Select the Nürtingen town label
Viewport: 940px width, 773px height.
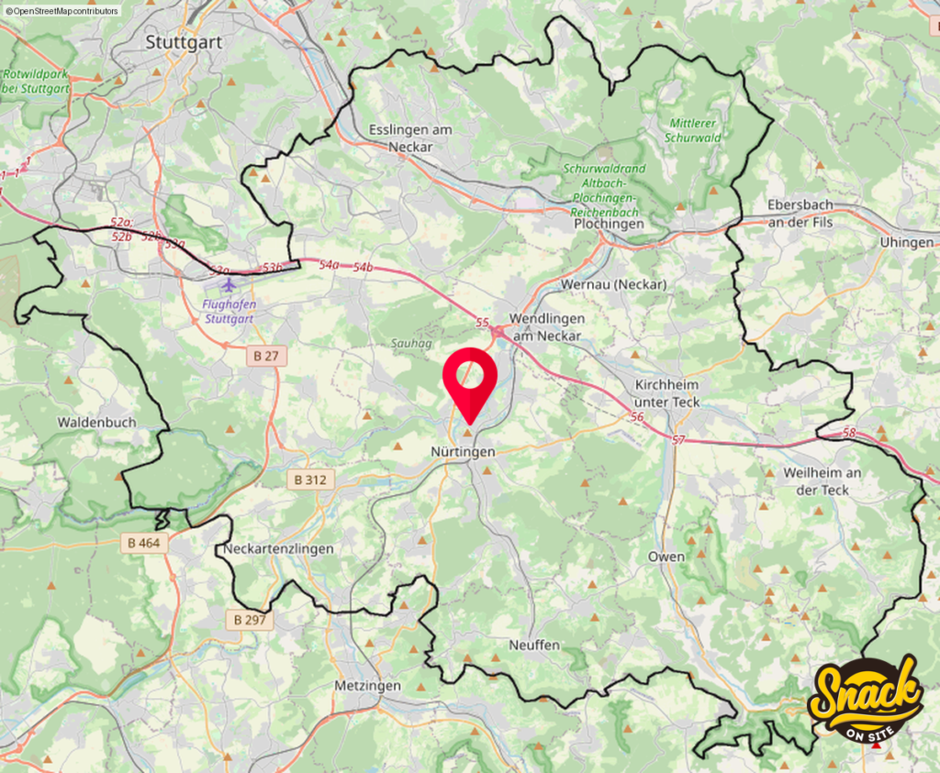(x=463, y=452)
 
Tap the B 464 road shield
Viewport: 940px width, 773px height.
(x=143, y=543)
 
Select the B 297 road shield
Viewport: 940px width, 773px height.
(x=250, y=620)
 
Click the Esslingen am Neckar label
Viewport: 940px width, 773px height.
(x=410, y=138)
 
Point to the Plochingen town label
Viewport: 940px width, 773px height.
(x=608, y=224)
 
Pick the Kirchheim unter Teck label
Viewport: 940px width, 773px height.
(x=666, y=395)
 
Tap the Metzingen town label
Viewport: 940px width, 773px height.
(x=367, y=686)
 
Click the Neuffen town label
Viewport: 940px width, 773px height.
(x=534, y=646)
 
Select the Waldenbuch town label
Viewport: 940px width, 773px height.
(x=96, y=422)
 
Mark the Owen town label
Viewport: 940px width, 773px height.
(x=666, y=557)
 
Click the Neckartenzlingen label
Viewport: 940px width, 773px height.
(x=279, y=548)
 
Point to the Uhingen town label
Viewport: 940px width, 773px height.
(x=906, y=242)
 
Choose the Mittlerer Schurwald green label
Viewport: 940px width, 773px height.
(x=693, y=130)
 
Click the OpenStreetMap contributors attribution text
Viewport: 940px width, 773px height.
(x=62, y=11)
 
